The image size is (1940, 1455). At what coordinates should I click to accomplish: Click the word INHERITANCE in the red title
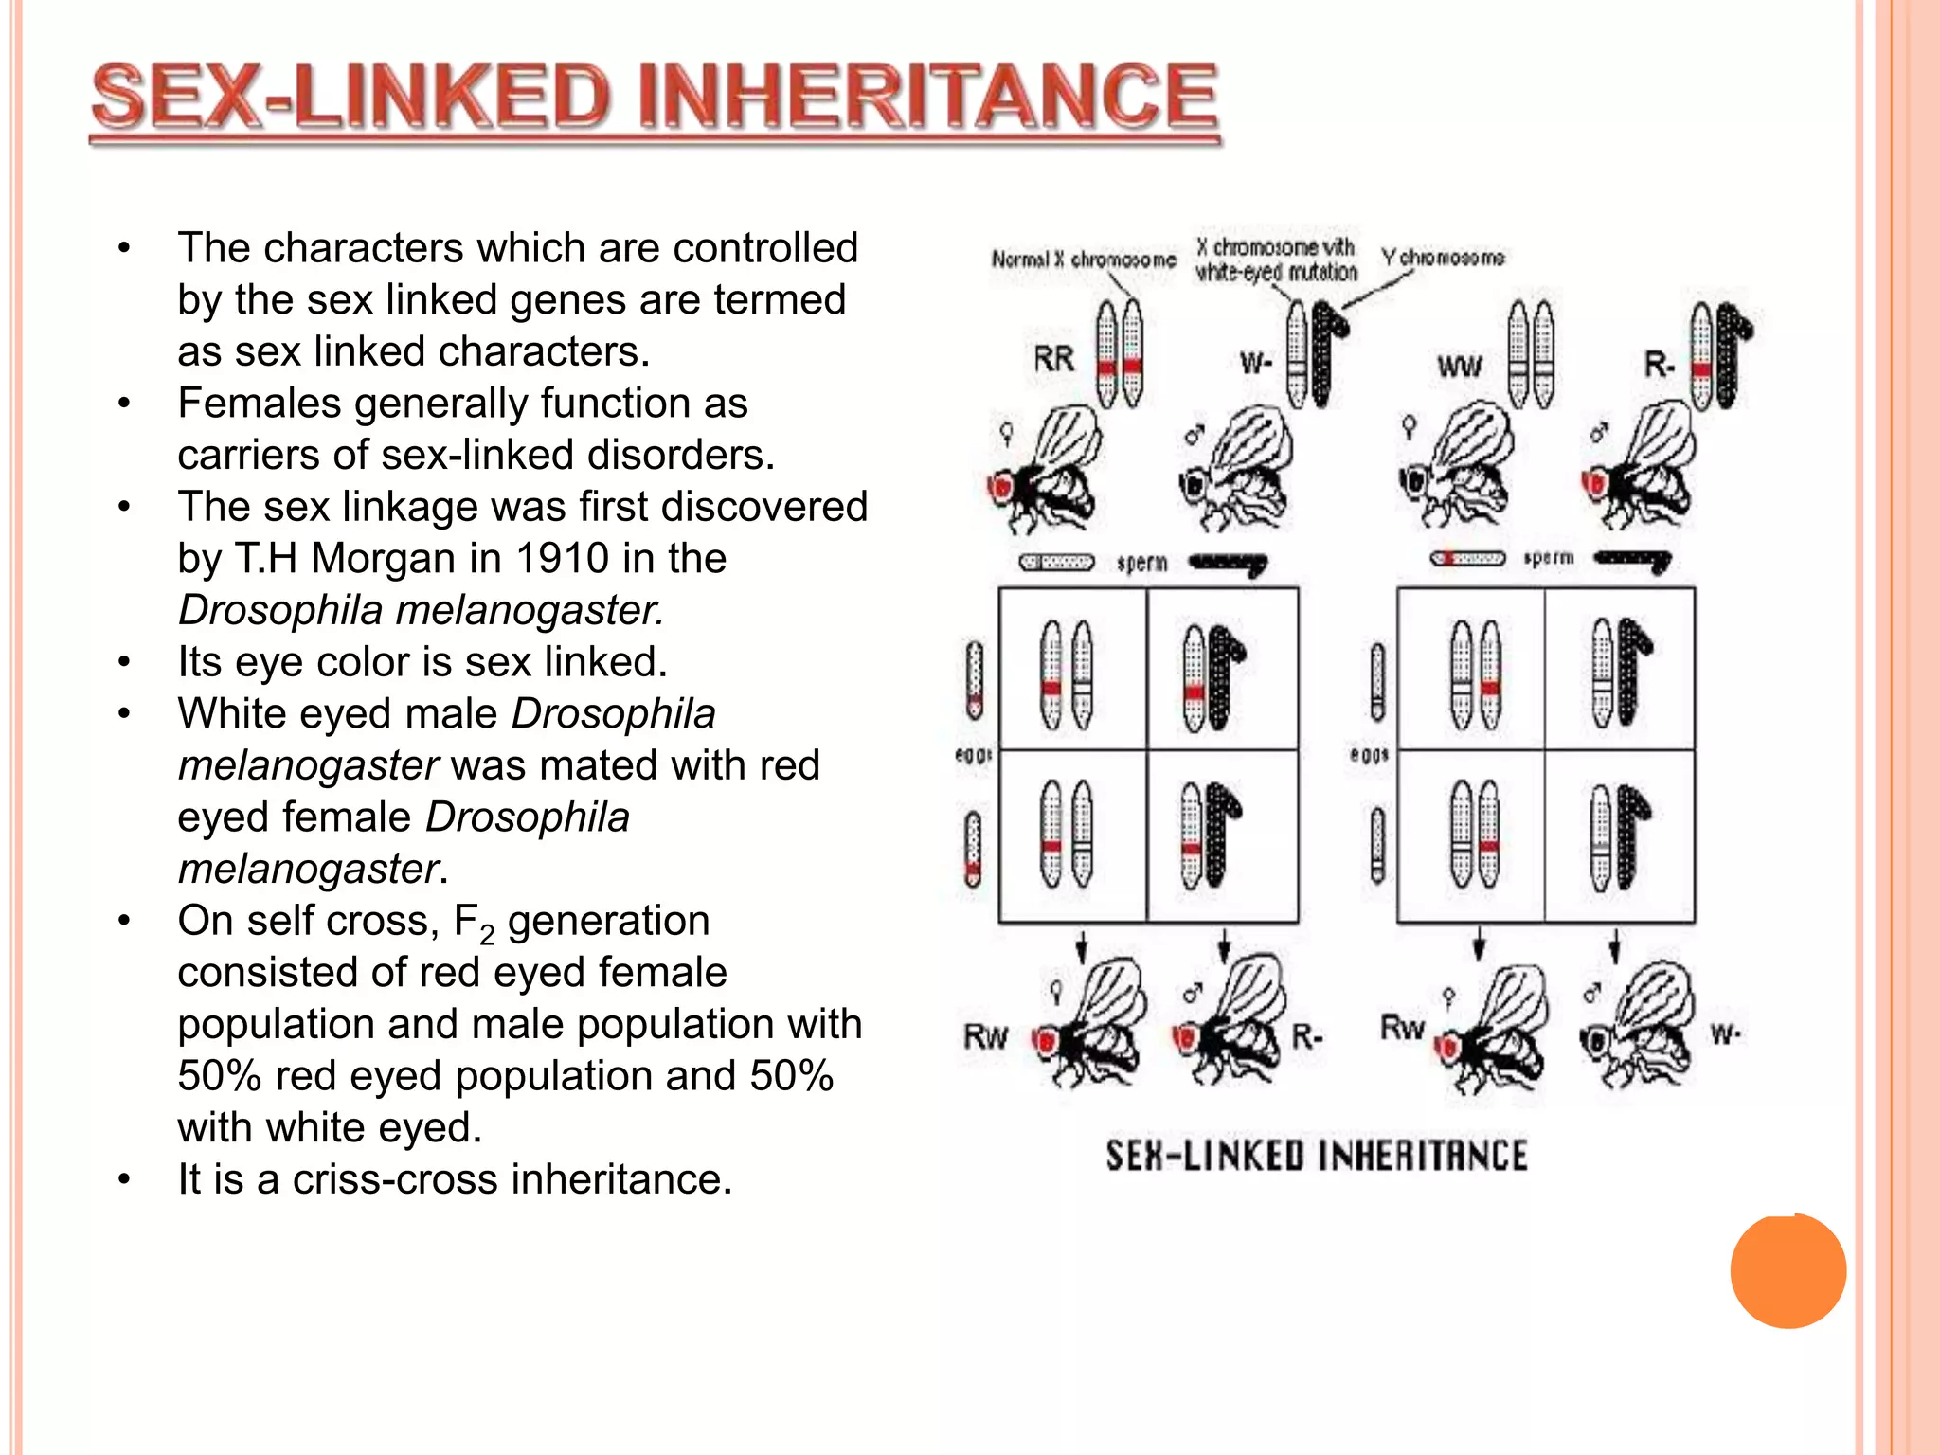(x=928, y=98)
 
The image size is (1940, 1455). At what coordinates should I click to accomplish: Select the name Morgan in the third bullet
(x=371, y=558)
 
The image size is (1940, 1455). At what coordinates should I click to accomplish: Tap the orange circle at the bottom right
(x=1787, y=1271)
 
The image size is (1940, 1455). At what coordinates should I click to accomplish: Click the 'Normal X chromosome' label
(x=1084, y=259)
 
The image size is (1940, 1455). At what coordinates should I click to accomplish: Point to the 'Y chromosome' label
(x=1442, y=258)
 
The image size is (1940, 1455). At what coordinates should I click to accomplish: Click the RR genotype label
(x=1053, y=359)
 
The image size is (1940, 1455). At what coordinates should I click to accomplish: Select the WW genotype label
(x=1459, y=366)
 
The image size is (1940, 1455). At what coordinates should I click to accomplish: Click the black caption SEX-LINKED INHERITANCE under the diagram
(x=1317, y=1156)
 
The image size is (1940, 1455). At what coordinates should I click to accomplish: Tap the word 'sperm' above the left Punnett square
(x=1141, y=563)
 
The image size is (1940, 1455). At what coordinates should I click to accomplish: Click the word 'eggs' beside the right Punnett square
(x=1369, y=755)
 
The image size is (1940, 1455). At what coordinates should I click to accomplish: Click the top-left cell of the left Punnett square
(x=1072, y=669)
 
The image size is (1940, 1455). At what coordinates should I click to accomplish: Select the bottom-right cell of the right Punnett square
(x=1619, y=835)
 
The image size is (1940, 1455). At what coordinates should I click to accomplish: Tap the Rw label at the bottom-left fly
(x=985, y=1036)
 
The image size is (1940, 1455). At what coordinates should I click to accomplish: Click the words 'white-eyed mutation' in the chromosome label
(x=1276, y=273)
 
